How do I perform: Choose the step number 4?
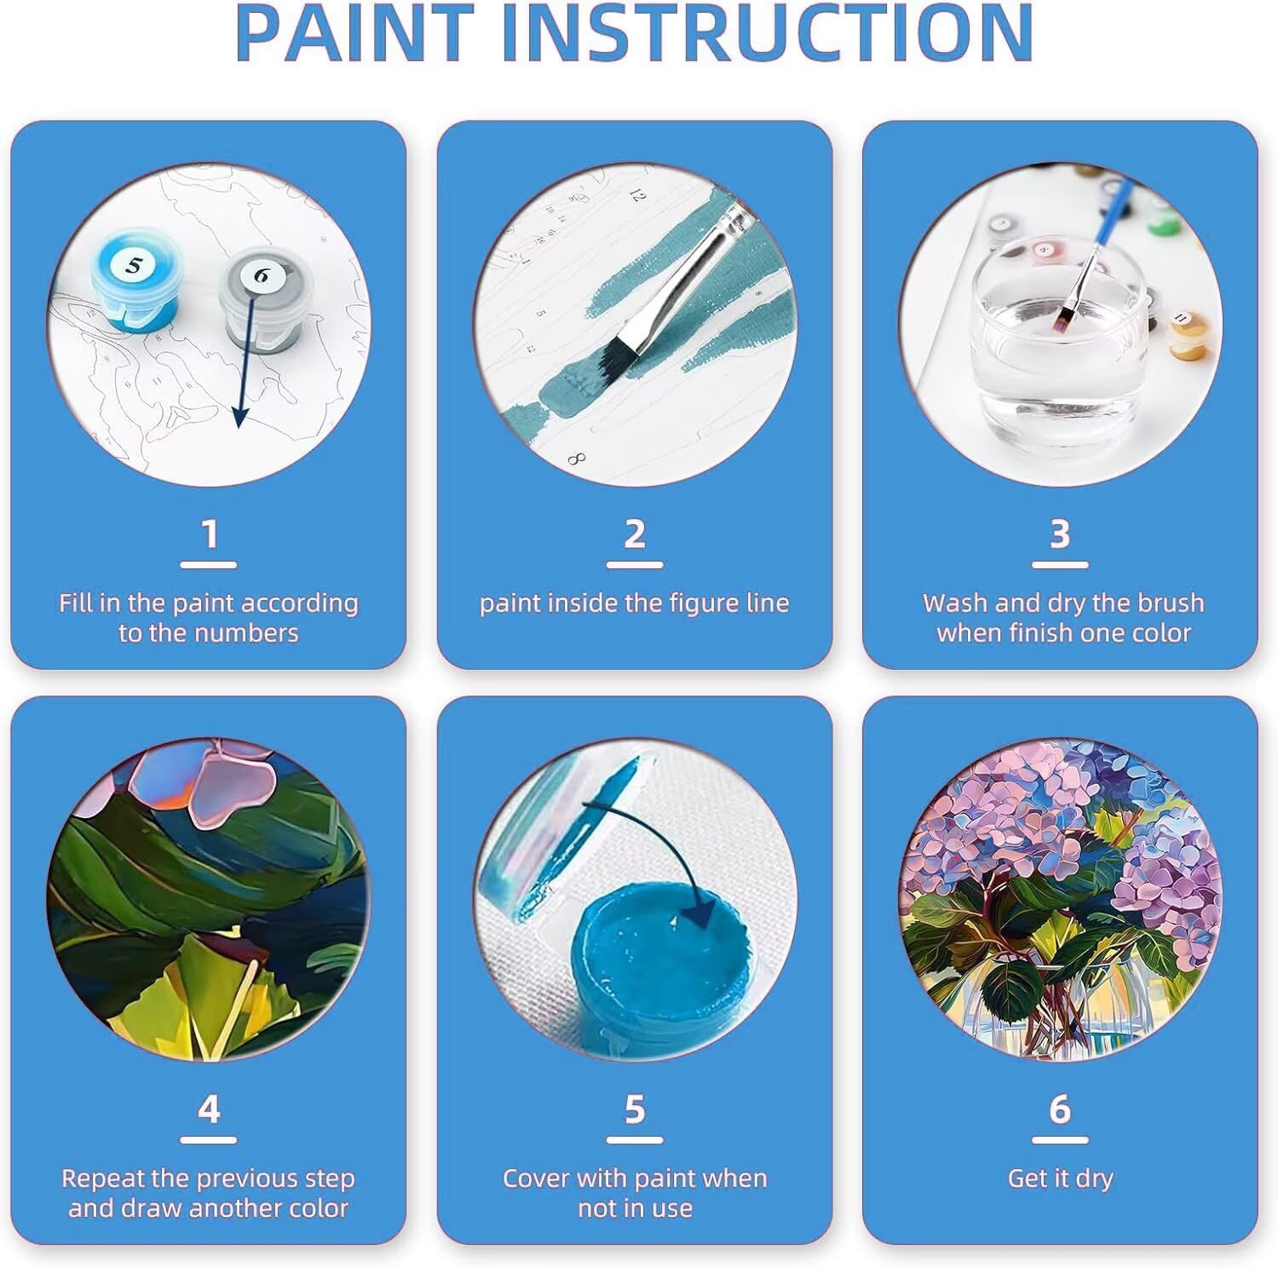point(210,1109)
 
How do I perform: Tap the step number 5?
point(635,1109)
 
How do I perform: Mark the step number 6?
point(1060,1109)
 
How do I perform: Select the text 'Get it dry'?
point(1060,1178)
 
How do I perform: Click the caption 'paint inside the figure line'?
point(635,603)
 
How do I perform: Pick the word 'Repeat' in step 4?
point(101,1179)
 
